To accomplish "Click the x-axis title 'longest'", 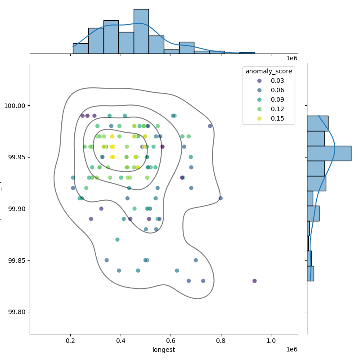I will [x=164, y=350].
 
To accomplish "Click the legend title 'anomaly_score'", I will [x=269, y=71].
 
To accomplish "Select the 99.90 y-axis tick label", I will [x=17, y=209].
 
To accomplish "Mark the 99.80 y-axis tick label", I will [x=17, y=312].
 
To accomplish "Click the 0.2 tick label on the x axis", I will [x=70, y=341].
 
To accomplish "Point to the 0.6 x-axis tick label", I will [x=171, y=341].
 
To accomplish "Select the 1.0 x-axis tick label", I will [x=271, y=341].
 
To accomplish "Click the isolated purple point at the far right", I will [x=255, y=281].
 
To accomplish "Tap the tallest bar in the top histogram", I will [x=141, y=31].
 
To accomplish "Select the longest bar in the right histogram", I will [x=329, y=153].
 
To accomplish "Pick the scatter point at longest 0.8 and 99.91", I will [x=220, y=198].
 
